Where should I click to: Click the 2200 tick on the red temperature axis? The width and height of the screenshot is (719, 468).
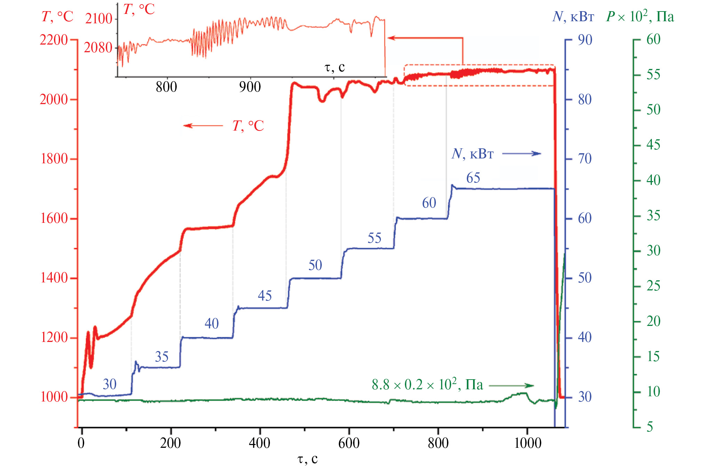point(54,40)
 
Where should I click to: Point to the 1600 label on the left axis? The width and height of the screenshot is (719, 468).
point(54,219)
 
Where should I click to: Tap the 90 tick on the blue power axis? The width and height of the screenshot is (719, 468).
point(585,40)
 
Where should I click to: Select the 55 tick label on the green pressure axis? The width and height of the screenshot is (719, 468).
point(653,75)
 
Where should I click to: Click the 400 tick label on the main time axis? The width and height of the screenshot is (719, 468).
point(259,443)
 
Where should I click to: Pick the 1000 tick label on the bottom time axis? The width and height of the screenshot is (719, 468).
point(527,443)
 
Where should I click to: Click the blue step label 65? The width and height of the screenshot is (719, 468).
point(473,178)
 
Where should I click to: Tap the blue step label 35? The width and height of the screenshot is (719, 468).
point(161,357)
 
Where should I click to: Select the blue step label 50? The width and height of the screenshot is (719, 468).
point(315,265)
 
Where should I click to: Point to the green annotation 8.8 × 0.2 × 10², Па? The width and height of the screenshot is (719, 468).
point(427,385)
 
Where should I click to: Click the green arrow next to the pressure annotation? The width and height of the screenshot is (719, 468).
point(511,385)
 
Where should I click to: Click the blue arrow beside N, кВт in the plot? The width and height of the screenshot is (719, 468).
point(521,153)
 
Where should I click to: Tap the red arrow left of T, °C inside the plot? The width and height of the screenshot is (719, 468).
point(203,125)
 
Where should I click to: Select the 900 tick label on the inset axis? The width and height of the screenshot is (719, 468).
point(250,87)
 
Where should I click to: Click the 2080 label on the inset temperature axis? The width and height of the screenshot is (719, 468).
point(98,48)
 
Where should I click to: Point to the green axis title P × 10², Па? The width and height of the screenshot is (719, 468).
point(640,16)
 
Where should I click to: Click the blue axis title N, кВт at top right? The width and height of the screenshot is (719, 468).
point(573,16)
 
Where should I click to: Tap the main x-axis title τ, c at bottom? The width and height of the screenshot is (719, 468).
point(308,459)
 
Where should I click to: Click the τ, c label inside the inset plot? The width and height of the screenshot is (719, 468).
point(335,67)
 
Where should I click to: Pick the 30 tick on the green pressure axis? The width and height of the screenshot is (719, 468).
point(653,251)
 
